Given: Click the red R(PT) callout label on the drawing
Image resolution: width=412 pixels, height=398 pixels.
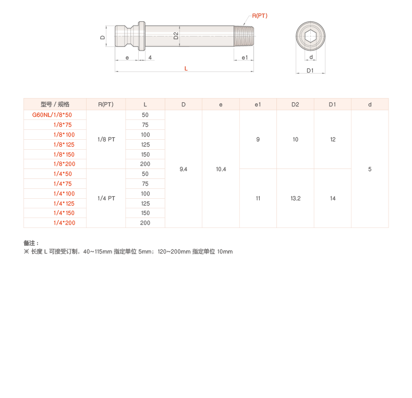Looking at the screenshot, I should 259,16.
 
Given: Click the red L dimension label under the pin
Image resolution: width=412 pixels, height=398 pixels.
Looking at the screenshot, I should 186,68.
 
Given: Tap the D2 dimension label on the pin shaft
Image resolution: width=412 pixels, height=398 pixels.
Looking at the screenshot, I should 176,35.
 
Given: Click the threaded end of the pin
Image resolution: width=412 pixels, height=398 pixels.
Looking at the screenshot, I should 244,36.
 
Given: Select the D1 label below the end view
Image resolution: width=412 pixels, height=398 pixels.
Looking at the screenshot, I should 310,70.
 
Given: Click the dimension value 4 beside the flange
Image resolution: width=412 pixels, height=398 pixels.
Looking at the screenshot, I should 150,57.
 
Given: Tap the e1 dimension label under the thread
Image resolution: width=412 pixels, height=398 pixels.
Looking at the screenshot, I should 244,57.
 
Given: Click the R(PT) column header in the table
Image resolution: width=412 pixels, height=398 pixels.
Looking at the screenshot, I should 106,104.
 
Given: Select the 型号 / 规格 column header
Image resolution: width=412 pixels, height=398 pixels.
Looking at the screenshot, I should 55,104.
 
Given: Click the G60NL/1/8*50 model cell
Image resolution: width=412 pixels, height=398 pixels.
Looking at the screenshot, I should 52,115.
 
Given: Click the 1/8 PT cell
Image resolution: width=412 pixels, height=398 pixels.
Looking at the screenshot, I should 106,140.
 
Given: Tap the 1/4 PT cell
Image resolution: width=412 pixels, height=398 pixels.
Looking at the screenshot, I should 106,198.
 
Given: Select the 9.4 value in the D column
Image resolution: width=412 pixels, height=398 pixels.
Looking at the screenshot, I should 184,169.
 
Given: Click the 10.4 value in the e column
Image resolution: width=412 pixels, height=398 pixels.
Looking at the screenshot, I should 221,169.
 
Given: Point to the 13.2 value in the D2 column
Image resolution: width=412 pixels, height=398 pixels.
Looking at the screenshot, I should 295,198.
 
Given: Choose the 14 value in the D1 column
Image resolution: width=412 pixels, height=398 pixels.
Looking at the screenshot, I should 333,198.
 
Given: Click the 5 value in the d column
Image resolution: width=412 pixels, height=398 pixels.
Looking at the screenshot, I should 370,169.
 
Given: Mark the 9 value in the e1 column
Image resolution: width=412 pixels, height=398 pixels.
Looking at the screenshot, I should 258,140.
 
